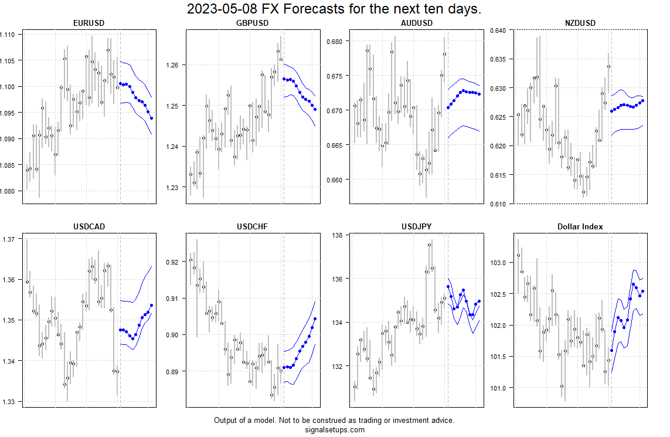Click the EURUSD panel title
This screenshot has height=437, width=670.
coord(90,23)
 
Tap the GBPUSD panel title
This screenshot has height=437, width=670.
coord(252,23)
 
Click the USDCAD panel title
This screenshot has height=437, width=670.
coord(90,226)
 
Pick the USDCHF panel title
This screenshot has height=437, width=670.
coord(252,226)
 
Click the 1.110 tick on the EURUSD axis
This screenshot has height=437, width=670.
coord(11,35)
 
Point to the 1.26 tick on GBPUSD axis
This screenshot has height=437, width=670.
coord(175,65)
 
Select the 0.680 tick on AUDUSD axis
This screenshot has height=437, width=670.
coord(337,42)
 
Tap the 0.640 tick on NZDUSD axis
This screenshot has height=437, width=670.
coord(499,31)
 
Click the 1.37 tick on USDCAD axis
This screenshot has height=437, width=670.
coord(9,239)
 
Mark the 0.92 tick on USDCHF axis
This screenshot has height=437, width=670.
coord(175,262)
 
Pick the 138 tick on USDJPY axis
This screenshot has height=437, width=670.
coord(339,235)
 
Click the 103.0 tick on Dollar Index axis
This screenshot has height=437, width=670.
coord(500,263)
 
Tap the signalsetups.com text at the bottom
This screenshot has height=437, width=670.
coord(334,429)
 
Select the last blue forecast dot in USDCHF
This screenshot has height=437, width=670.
coord(315,319)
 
